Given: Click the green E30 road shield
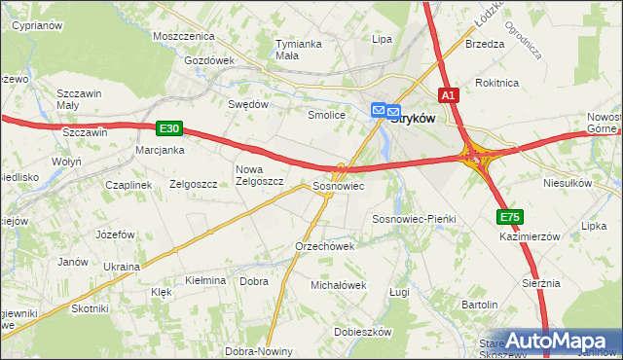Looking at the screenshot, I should (x=168, y=127).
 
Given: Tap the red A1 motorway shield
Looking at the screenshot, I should (x=448, y=95).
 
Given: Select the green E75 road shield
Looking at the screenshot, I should (x=509, y=217).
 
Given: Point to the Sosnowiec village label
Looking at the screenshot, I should (x=338, y=185).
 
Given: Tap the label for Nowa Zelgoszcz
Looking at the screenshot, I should (x=259, y=175).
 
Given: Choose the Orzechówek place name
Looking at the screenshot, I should (x=324, y=246).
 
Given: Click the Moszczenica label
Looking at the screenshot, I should (x=183, y=35).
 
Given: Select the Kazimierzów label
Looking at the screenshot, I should (x=530, y=236).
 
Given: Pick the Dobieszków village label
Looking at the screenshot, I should (x=362, y=332).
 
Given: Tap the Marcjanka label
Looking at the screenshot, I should (x=161, y=150).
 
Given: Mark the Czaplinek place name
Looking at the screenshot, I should (x=128, y=184).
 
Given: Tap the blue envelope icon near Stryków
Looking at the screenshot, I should (x=380, y=112).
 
